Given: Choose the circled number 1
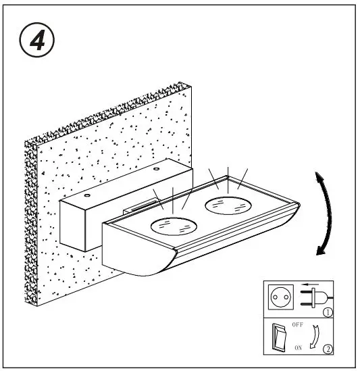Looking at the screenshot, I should pos(328,312).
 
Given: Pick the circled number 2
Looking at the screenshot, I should pos(328,350).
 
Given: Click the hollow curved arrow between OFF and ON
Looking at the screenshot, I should pos(315,336).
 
